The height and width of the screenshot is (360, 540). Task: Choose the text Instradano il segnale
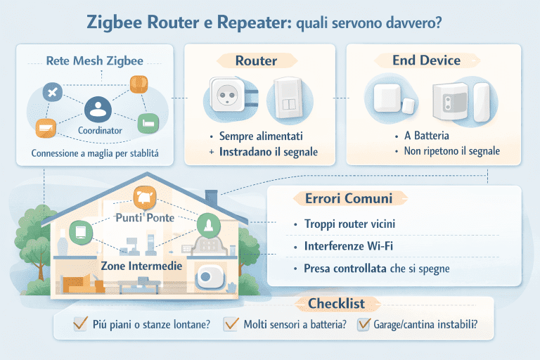point(267,151)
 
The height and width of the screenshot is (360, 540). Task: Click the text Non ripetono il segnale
point(448,151)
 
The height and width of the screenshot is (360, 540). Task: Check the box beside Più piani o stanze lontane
point(80,324)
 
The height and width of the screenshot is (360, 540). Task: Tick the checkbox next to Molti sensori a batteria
point(231,324)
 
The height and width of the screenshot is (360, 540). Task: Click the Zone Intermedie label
point(142,266)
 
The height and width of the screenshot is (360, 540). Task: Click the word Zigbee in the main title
point(121,22)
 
